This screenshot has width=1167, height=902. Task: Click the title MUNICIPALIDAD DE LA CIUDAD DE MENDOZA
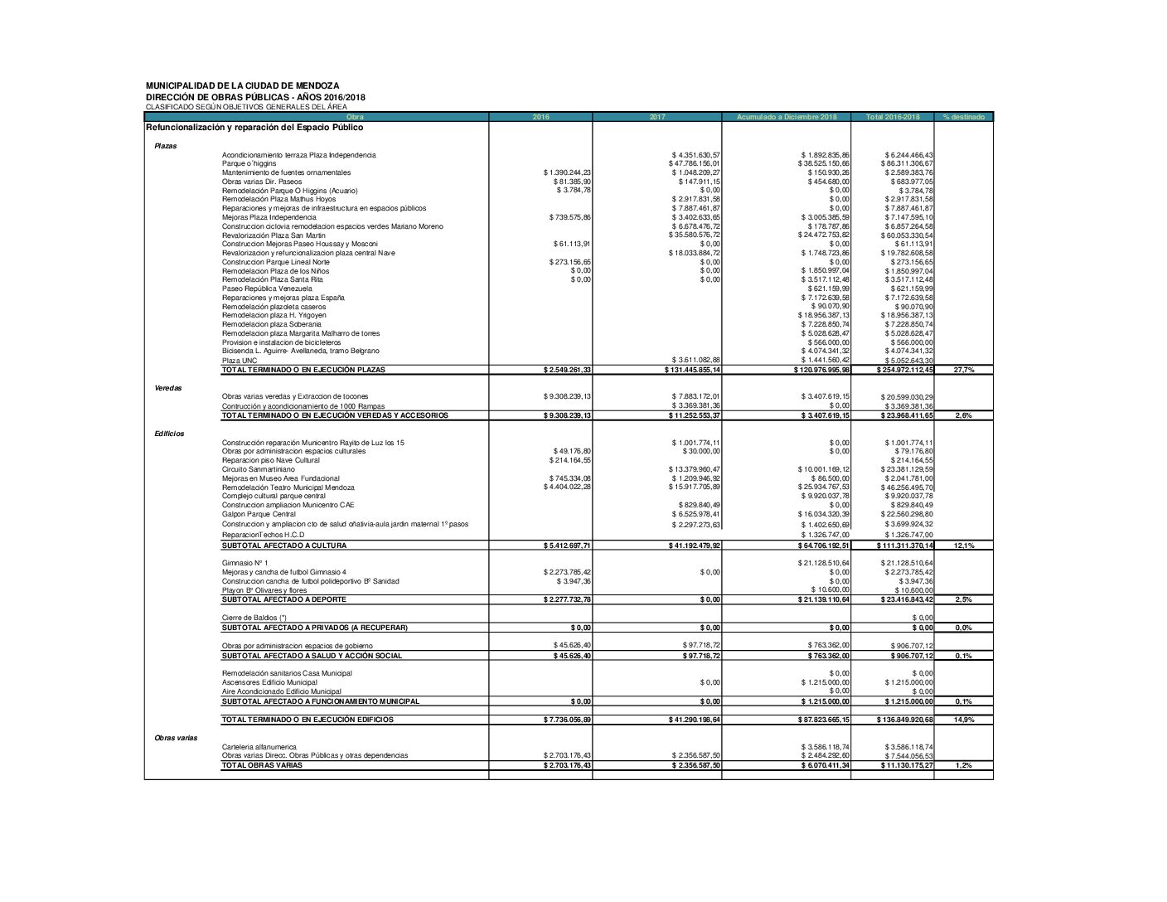242,85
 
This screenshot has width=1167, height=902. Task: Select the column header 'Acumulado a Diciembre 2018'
787,117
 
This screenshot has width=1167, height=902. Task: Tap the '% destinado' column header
963,117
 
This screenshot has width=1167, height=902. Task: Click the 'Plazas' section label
166,146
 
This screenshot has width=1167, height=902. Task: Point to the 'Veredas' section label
168,387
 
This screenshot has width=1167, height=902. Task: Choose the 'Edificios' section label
169,434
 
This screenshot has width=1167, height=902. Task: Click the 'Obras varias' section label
176,738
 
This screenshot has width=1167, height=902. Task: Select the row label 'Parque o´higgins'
249,164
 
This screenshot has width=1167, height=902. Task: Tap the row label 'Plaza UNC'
240,361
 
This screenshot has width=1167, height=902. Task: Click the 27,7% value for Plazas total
963,370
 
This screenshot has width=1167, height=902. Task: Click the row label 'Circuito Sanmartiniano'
258,469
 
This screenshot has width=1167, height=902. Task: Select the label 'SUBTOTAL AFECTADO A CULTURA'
283,546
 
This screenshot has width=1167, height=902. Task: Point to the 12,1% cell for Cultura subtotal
963,546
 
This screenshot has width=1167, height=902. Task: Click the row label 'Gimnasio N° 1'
245,563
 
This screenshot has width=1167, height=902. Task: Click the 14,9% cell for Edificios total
963,720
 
